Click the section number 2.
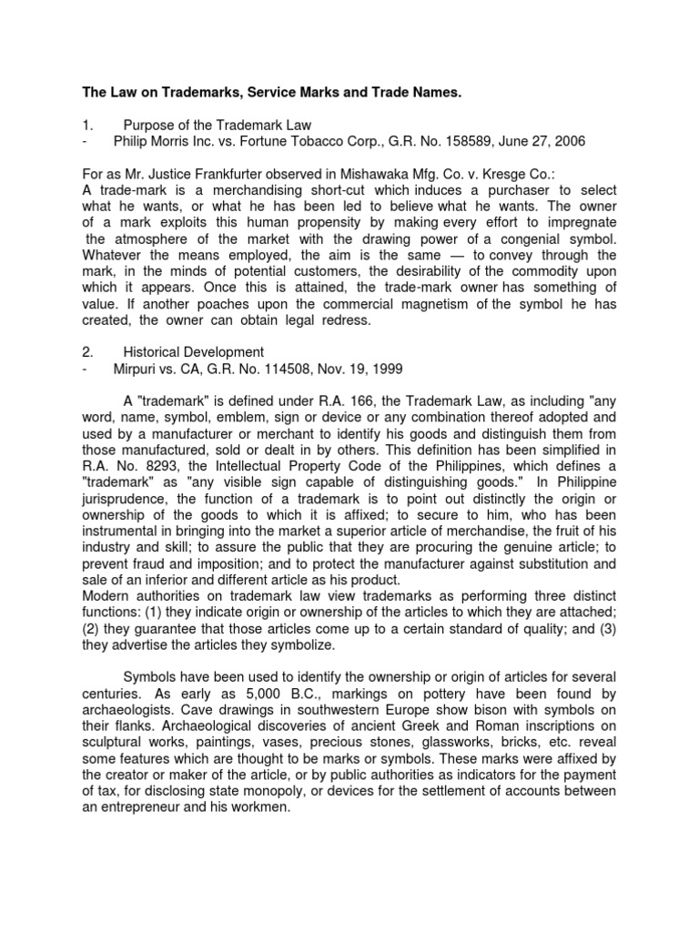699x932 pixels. click(x=86, y=353)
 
